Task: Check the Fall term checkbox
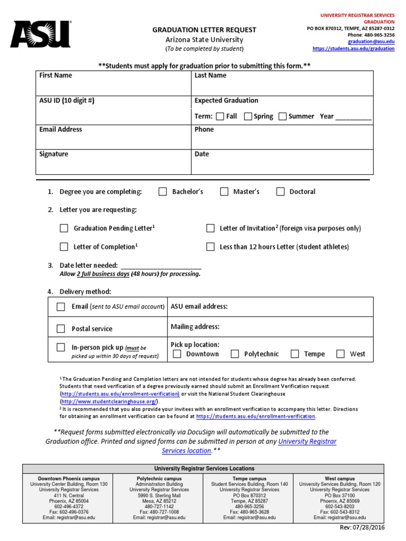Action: [220, 116]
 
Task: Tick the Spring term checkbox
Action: [247, 116]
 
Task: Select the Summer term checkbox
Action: [282, 116]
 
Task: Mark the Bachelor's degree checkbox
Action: [163, 192]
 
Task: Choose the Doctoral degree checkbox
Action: [280, 192]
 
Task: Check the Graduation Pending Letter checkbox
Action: [64, 228]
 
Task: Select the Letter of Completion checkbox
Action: [64, 247]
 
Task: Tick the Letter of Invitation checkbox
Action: [210, 228]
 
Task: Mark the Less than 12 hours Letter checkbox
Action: [210, 247]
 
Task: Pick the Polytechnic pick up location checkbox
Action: [235, 354]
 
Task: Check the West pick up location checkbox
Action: [340, 354]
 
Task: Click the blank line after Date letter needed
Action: [161, 265]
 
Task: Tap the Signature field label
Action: [54, 154]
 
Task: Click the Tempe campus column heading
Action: [249, 479]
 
